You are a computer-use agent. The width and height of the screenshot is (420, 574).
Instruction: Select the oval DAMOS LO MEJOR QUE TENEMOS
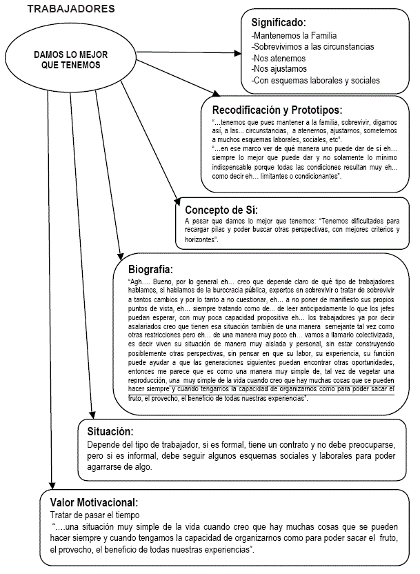tap(71, 59)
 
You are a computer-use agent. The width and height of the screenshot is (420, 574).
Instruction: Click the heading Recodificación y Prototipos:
tap(277, 110)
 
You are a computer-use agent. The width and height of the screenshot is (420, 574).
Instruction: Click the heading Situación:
tap(110, 431)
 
